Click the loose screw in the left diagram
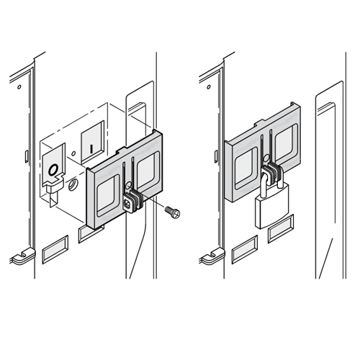point(173,212)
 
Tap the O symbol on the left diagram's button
point(53,170)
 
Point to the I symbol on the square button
point(91,148)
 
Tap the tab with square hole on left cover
point(127,204)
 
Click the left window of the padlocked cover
point(246,168)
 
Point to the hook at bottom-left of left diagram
point(23,257)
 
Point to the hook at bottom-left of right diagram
point(212,257)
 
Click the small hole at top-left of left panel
point(19,86)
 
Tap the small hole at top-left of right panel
point(209,86)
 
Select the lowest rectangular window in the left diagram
point(55,250)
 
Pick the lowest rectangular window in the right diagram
point(245,250)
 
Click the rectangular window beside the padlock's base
point(281,229)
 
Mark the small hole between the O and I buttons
point(74,153)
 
